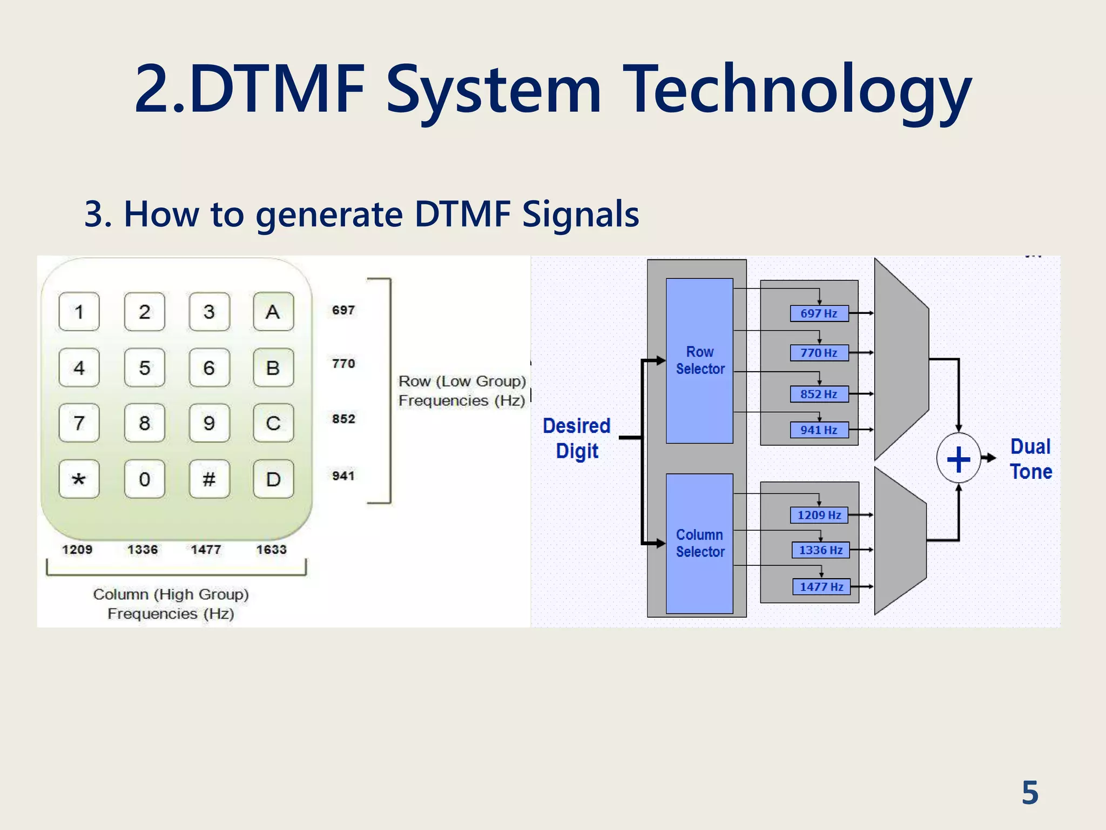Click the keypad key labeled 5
pyautogui.click(x=144, y=367)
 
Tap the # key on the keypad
pyautogui.click(x=209, y=479)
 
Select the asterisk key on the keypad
pyautogui.click(x=79, y=479)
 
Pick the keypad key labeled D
pyautogui.click(x=273, y=479)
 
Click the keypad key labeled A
pyautogui.click(x=273, y=312)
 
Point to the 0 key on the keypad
pyautogui.click(x=144, y=479)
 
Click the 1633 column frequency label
pyautogui.click(x=271, y=550)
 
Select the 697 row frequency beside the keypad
pyautogui.click(x=343, y=310)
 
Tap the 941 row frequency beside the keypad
pyautogui.click(x=343, y=476)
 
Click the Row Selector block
pyautogui.click(x=699, y=360)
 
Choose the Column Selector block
pyautogui.click(x=699, y=543)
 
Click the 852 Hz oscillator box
pyautogui.click(x=819, y=394)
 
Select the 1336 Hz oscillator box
pyautogui.click(x=820, y=550)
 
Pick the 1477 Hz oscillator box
pyautogui.click(x=821, y=587)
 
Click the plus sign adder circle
pyautogui.click(x=959, y=459)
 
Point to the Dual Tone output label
pyautogui.click(x=1031, y=459)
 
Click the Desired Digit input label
pyautogui.click(x=577, y=438)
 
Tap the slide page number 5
pyautogui.click(x=1030, y=793)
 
